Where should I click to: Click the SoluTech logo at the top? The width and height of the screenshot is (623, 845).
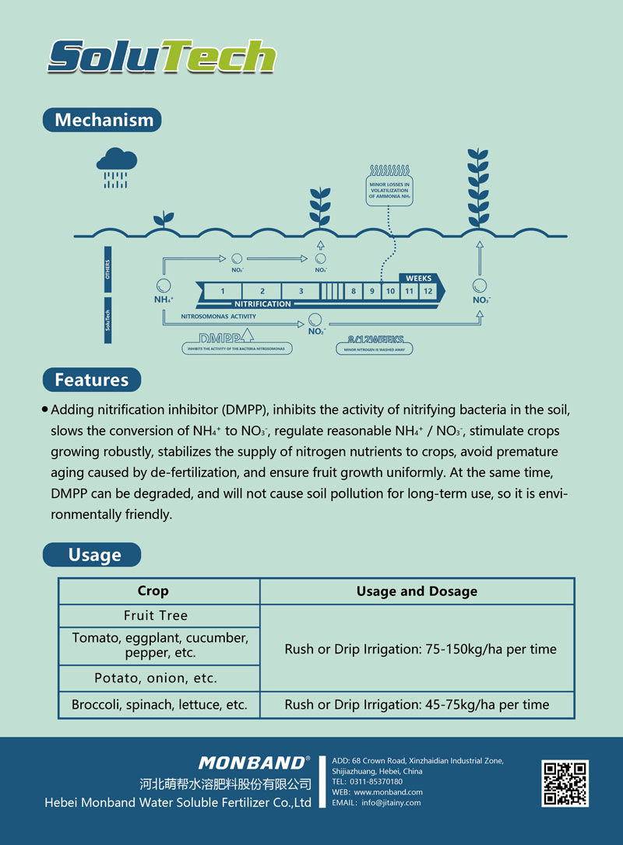161,56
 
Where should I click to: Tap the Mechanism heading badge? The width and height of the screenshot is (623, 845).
103,120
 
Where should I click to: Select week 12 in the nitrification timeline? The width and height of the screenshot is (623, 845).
428,292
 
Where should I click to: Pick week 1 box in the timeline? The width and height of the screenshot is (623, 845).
223,292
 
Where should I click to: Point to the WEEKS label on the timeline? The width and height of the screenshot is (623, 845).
418,278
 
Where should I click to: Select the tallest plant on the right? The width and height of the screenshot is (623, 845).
478,187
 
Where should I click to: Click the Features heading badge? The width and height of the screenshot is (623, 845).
91,380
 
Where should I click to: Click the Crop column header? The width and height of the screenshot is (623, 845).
153,591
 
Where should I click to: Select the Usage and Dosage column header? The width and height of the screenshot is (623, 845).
417,591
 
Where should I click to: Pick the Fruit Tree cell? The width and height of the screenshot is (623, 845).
156,615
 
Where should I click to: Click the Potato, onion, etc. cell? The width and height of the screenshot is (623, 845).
156,678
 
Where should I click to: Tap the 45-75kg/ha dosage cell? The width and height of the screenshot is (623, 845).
417,705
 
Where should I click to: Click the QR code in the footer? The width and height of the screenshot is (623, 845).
565,784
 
